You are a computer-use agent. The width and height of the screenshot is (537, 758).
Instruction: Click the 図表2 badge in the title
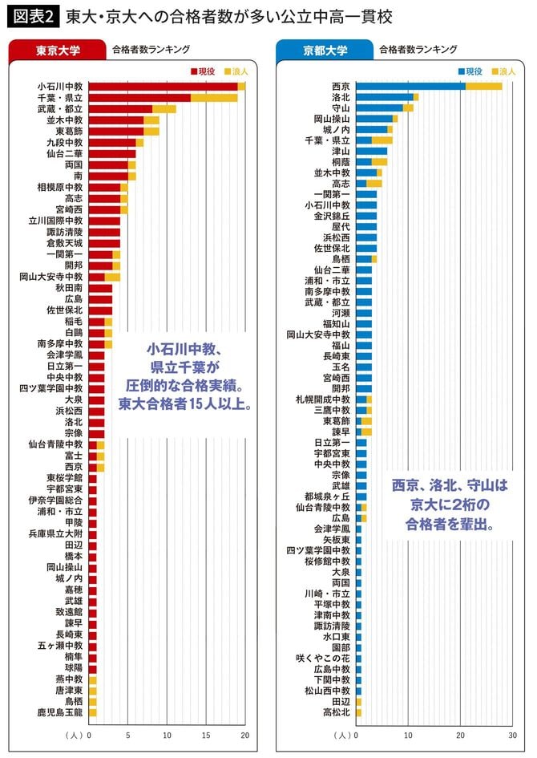31,16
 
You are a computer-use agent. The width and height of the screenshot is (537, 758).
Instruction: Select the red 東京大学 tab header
56,50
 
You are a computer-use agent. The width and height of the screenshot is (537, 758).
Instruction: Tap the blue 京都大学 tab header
325,50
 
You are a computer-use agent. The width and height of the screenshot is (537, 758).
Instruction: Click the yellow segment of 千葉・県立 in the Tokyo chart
214,97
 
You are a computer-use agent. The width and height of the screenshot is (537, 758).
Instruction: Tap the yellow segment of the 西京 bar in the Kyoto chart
483,86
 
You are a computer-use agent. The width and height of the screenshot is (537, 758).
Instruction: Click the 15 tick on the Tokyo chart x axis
206,734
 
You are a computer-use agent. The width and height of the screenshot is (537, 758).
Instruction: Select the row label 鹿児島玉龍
59,711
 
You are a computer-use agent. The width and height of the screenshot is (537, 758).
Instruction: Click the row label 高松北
336,711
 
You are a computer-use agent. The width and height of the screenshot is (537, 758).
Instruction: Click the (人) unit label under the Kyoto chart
342,734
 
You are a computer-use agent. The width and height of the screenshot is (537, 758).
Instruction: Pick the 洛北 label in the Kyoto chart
341,97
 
